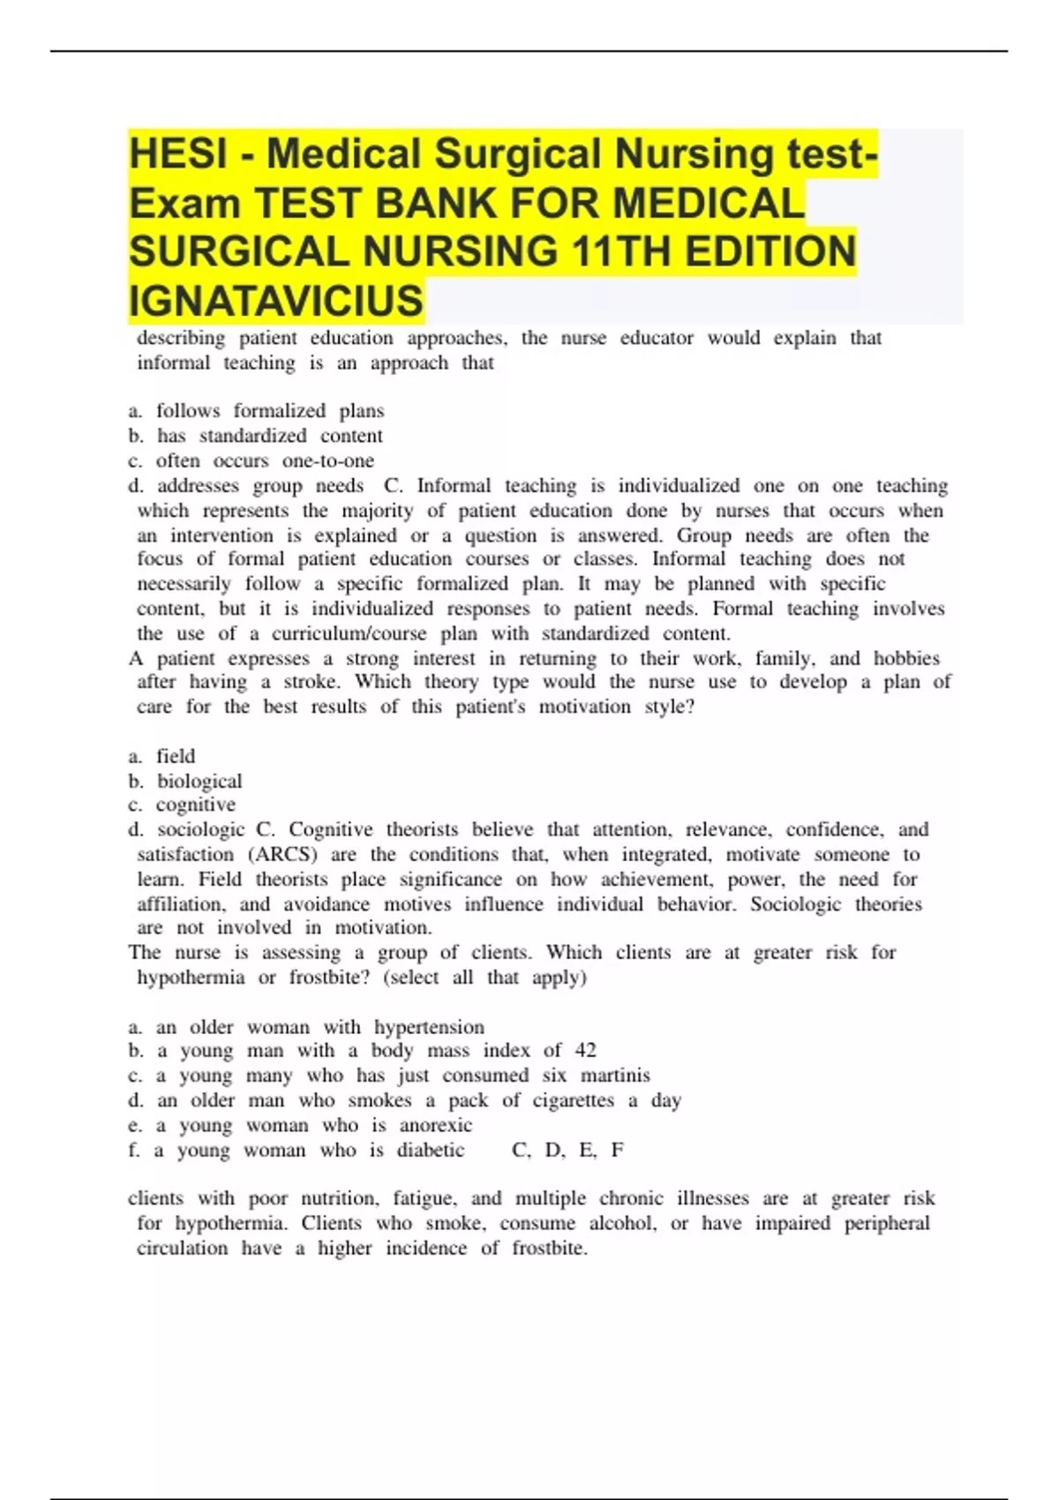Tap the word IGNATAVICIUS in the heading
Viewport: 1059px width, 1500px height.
276,300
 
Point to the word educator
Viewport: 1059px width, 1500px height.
657,338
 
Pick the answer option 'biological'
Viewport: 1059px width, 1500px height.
199,781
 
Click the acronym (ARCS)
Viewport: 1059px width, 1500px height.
282,854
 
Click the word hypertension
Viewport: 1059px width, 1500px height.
429,1026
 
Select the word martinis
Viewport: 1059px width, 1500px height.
615,1075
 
